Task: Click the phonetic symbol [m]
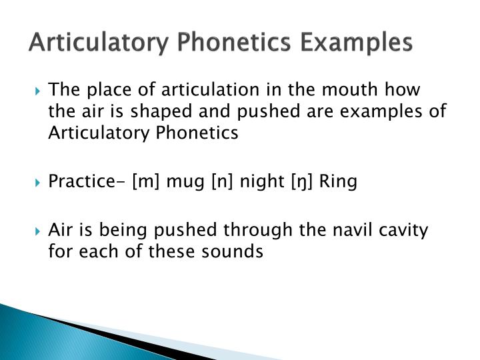pos(144,181)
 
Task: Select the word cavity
pos(405,230)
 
